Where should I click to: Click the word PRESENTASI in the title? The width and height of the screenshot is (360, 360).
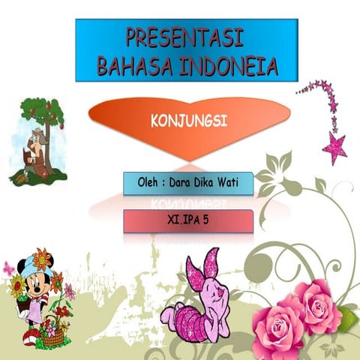pyautogui.click(x=186, y=37)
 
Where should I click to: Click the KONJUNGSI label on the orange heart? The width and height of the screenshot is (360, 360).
pyautogui.click(x=189, y=120)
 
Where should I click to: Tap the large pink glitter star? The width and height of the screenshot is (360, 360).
pyautogui.click(x=334, y=147)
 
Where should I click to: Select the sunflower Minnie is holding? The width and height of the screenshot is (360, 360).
pyautogui.click(x=16, y=284)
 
